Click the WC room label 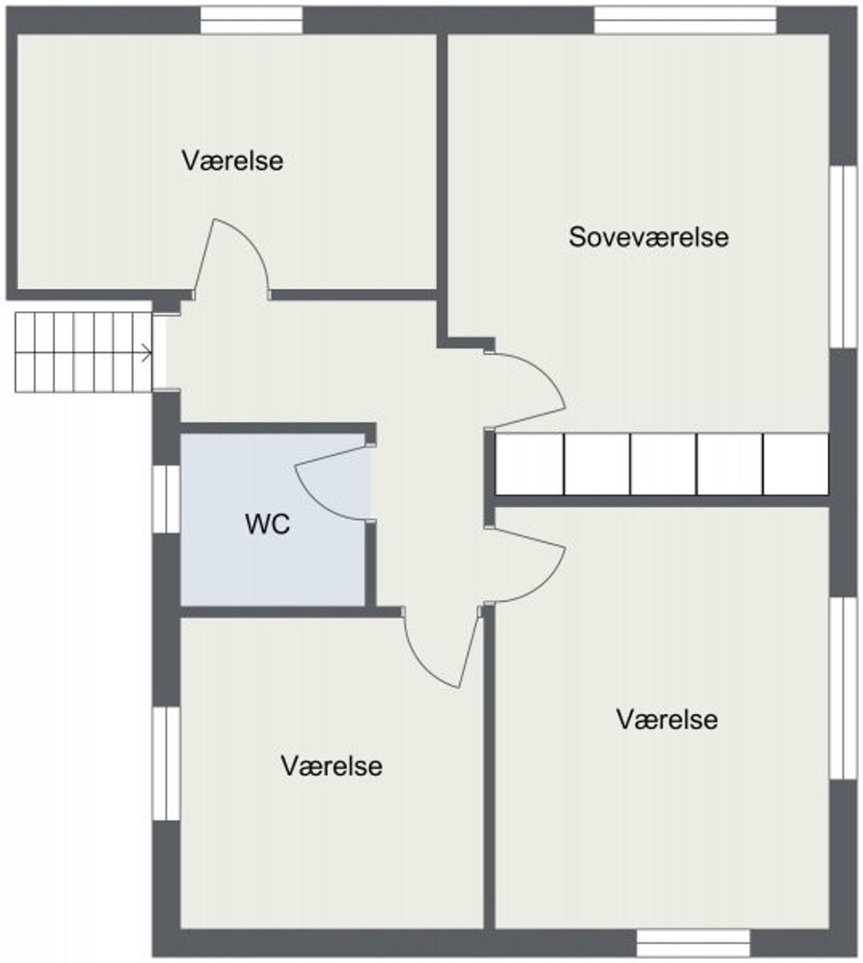pyautogui.click(x=267, y=524)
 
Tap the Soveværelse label pyautogui.click(x=649, y=237)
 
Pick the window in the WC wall pyautogui.click(x=166, y=499)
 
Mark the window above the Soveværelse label pyautogui.click(x=685, y=20)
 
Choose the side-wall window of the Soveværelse pyautogui.click(x=842, y=257)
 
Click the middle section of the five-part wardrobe pyautogui.click(x=663, y=464)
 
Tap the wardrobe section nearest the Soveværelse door pyautogui.click(x=530, y=464)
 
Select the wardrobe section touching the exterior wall pyautogui.click(x=796, y=464)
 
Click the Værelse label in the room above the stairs pyautogui.click(x=232, y=160)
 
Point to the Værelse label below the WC pyautogui.click(x=332, y=766)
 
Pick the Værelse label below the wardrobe pyautogui.click(x=667, y=720)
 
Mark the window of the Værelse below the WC pyautogui.click(x=166, y=763)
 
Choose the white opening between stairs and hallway pyautogui.click(x=159, y=352)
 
